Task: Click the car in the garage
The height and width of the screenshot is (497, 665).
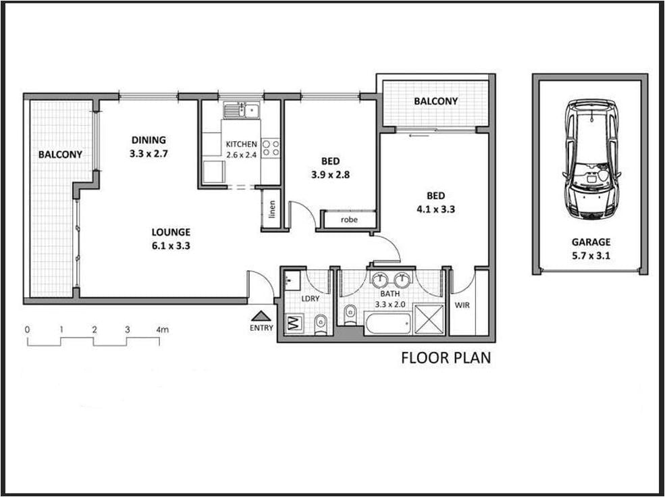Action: click(591, 159)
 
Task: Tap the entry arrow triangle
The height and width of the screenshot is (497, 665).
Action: click(261, 316)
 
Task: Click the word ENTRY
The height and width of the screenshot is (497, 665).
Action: click(261, 328)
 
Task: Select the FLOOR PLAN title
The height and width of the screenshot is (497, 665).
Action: click(446, 357)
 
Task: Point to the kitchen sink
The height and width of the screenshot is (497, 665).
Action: click(241, 110)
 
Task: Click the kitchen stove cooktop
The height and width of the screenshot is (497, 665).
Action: click(271, 148)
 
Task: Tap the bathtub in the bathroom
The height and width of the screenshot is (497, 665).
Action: click(388, 324)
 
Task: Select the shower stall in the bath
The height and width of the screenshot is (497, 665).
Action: click(429, 319)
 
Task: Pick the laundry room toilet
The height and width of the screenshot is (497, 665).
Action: click(321, 324)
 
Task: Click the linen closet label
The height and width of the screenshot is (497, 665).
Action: click(272, 209)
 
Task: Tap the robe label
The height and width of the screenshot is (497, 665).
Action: click(349, 219)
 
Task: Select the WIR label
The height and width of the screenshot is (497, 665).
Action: click(462, 305)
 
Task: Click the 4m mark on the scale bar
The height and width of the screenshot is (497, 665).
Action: click(163, 330)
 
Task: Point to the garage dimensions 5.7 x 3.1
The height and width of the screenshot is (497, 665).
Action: click(591, 256)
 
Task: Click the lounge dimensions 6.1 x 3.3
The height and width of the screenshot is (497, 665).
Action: click(171, 246)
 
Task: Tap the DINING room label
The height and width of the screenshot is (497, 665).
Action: click(149, 140)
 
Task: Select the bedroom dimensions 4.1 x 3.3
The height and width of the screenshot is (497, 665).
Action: click(436, 209)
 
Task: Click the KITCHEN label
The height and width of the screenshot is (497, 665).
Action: click(241, 145)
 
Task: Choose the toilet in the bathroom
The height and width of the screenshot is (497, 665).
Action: click(350, 315)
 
